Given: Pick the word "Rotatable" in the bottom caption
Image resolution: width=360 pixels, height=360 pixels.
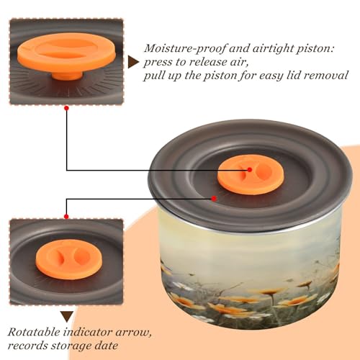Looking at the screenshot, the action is (x=34, y=333).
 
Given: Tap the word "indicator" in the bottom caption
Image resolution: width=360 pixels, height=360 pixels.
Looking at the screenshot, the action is (x=88, y=333).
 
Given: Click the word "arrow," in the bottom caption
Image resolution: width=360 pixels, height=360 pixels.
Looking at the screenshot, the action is (x=134, y=333).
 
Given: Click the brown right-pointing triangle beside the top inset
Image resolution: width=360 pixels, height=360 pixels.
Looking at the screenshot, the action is (x=133, y=63).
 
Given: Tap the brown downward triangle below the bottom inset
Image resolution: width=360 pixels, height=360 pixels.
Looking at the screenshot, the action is (x=67, y=317).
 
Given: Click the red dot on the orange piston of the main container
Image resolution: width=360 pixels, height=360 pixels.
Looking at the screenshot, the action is (x=250, y=170).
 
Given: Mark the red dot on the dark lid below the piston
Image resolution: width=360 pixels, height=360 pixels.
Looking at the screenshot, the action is (x=214, y=199).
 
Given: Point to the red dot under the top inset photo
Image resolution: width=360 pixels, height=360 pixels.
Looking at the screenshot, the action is (x=66, y=109).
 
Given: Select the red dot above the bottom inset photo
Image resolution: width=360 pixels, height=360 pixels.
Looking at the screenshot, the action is (x=66, y=217).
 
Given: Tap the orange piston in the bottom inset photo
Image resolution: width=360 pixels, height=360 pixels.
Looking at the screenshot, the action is (x=69, y=259).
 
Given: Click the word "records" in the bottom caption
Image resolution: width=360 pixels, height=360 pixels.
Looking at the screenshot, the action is (x=27, y=346).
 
